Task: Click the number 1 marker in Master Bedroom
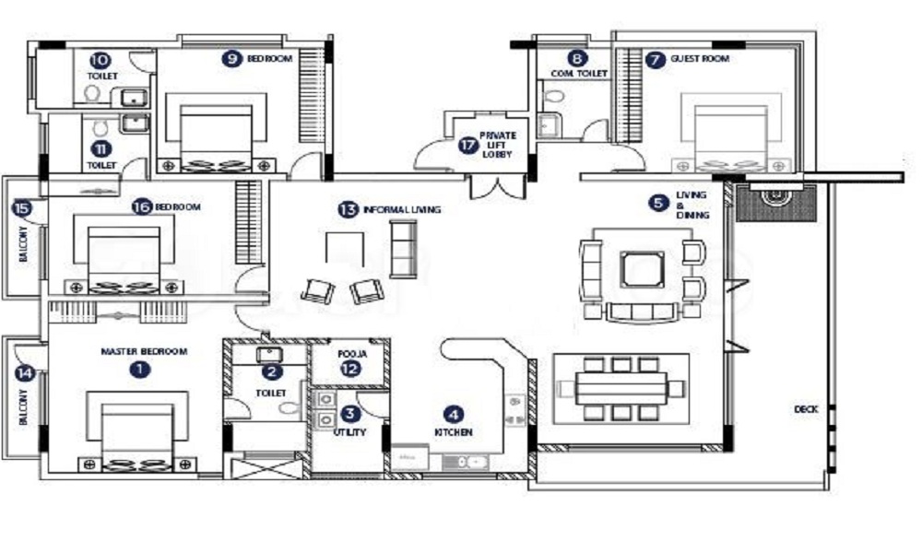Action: [x=139, y=369]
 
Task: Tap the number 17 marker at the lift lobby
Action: [x=468, y=144]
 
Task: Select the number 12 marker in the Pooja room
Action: [x=348, y=369]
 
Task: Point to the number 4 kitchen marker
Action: [x=452, y=414]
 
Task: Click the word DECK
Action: [x=806, y=409]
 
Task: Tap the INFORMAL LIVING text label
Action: [x=401, y=210]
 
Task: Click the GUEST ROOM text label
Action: [x=700, y=59]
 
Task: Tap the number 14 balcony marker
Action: [x=22, y=373]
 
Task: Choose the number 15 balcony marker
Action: [x=22, y=208]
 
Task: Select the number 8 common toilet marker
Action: [x=577, y=57]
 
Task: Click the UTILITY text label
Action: [x=351, y=431]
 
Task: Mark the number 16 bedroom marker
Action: [x=141, y=206]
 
